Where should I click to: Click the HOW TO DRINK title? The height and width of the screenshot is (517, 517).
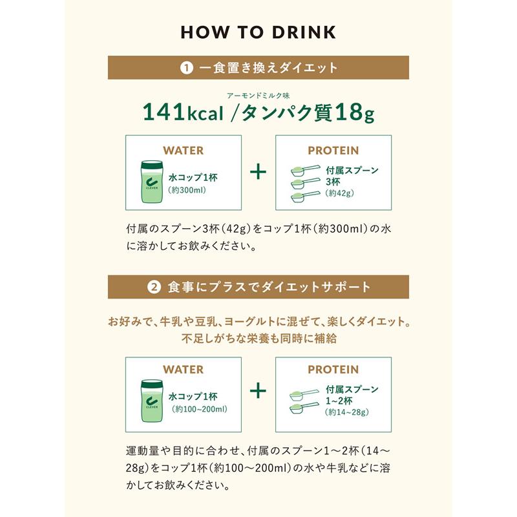[258, 32]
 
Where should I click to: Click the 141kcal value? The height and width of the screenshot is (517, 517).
[183, 113]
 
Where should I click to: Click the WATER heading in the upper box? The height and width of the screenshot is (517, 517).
[183, 151]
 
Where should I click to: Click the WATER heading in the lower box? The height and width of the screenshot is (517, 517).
[183, 370]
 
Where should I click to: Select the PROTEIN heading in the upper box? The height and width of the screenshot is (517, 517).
[333, 151]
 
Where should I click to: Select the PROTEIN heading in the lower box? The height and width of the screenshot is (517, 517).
[333, 370]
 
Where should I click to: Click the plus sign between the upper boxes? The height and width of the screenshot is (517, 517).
[258, 173]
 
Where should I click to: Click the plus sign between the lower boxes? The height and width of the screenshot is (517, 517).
[258, 391]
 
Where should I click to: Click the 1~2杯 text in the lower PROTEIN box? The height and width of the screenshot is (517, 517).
[341, 401]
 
